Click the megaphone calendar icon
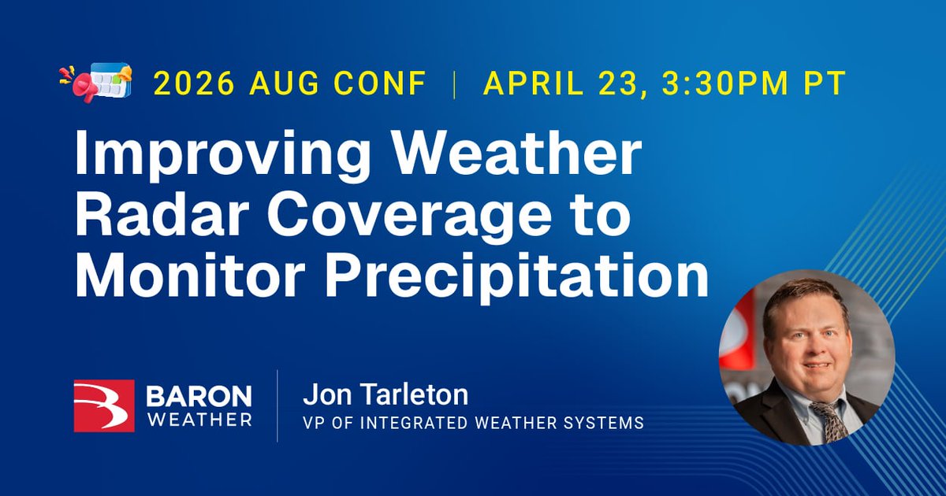tap(95, 82)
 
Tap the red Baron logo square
tap(104, 406)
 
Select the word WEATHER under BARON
tap(199, 419)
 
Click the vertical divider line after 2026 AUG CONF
tap(455, 83)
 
